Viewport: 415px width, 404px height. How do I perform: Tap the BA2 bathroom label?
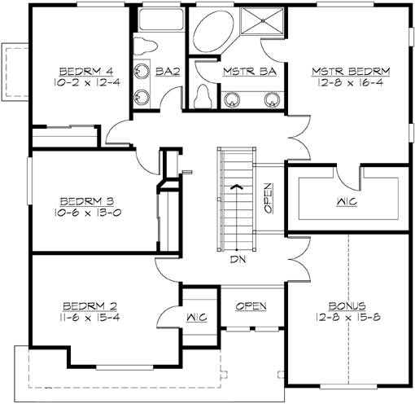(168, 72)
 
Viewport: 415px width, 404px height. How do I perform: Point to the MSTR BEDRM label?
(351, 72)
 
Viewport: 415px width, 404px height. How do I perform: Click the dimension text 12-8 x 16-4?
(351, 82)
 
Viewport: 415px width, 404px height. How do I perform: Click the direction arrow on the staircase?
(236, 186)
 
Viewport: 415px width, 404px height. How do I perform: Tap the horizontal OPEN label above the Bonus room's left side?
(251, 305)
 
